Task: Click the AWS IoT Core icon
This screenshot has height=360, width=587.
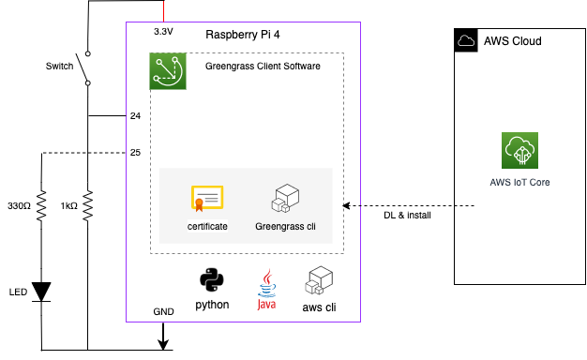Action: (519, 151)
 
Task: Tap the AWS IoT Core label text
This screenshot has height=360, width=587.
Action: (519, 182)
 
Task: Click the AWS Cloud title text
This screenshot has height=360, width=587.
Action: (512, 41)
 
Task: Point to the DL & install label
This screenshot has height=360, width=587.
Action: (408, 215)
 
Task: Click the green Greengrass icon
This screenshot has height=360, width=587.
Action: (168, 71)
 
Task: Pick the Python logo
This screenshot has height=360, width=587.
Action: (212, 281)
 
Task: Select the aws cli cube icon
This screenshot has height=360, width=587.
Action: (319, 282)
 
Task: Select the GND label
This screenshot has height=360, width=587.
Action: (163, 311)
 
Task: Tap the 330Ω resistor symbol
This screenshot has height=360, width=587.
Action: (41, 206)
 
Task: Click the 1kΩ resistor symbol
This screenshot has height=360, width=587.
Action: (86, 206)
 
